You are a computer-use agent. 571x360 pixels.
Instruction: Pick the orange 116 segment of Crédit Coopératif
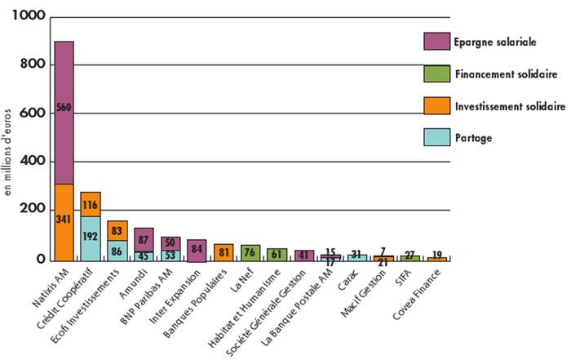click(x=91, y=204)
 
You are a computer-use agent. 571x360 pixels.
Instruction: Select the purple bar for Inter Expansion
click(x=197, y=251)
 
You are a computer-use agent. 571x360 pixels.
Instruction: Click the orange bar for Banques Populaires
click(x=224, y=251)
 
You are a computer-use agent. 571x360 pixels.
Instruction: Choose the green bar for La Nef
click(x=250, y=252)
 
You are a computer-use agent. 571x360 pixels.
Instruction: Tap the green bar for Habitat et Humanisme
click(x=277, y=254)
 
